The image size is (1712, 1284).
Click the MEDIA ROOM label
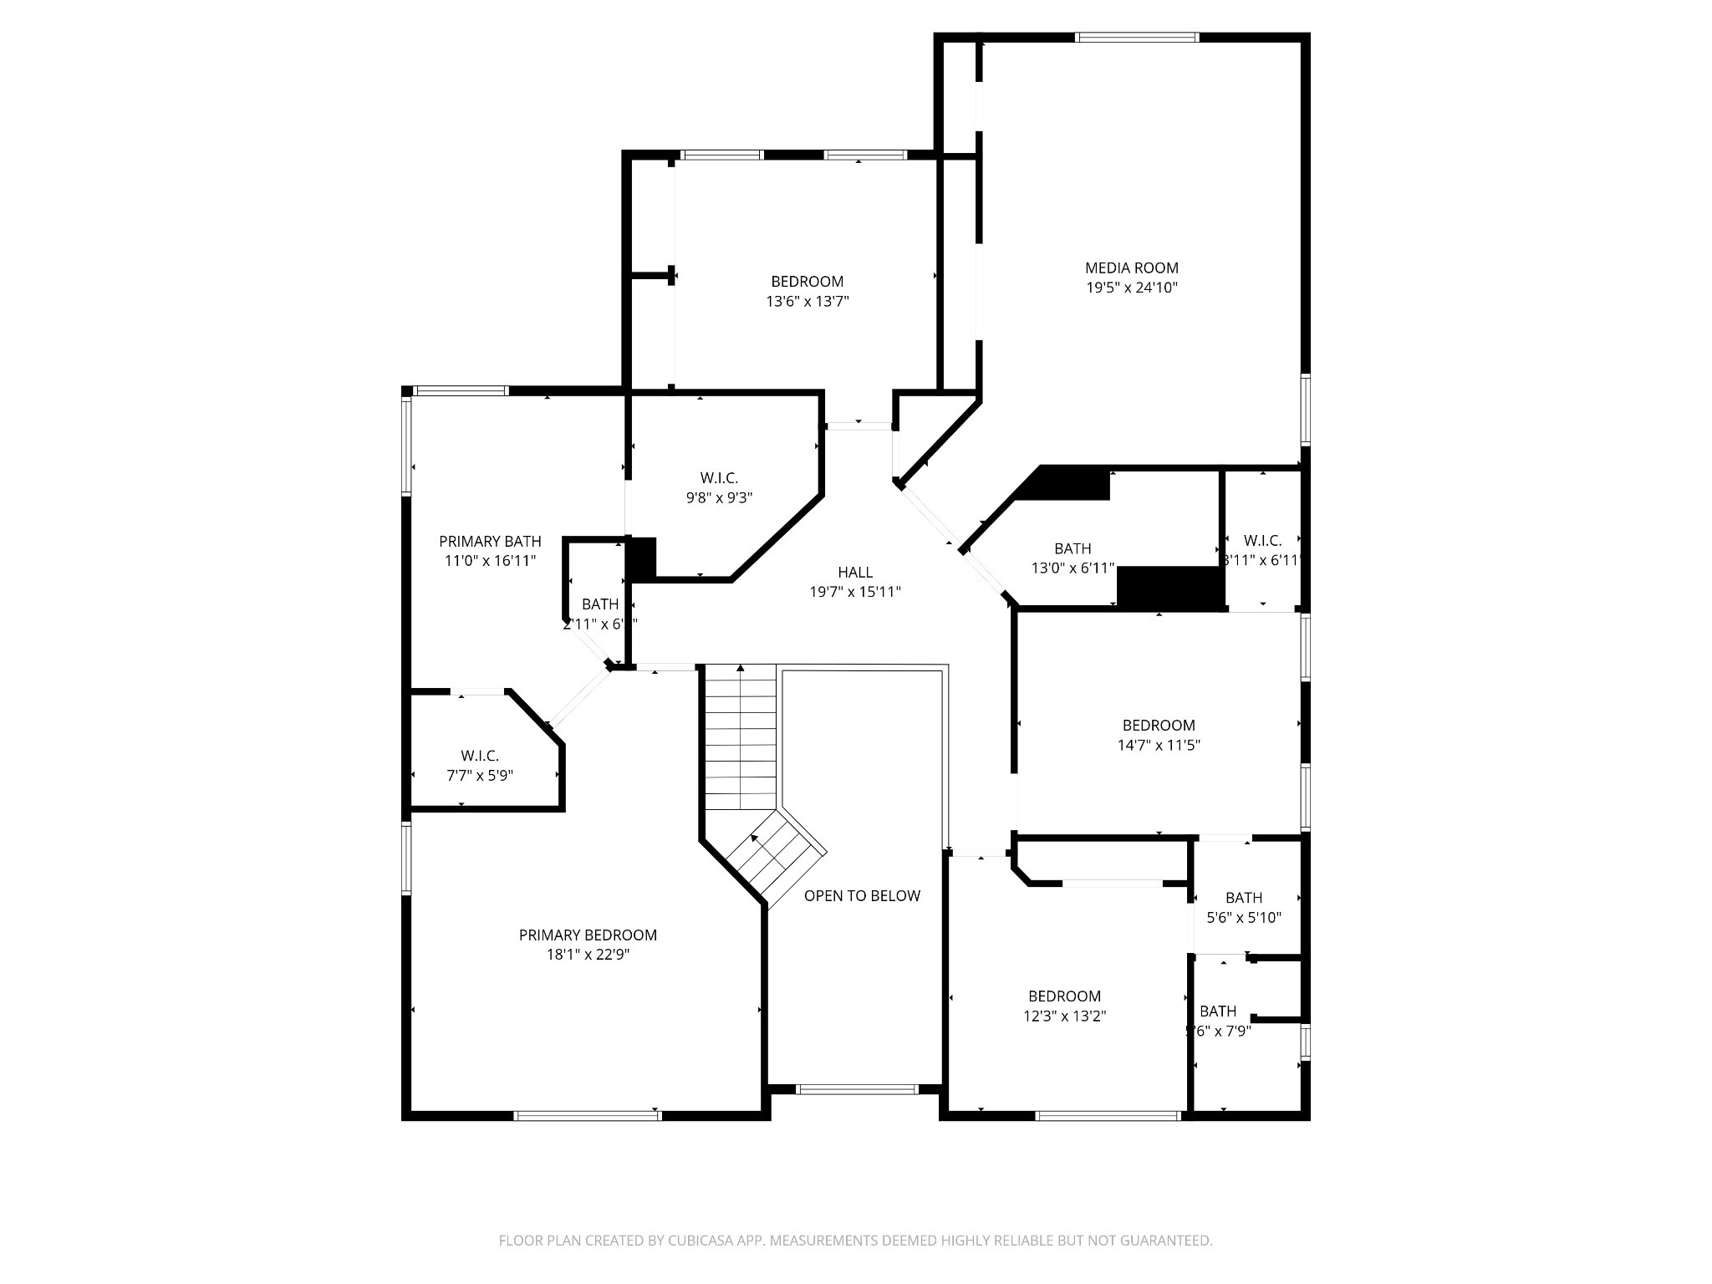[1131, 268]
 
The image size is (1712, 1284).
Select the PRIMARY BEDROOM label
[588, 935]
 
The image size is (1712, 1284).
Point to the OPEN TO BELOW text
[862, 896]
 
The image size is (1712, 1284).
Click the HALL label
[854, 573]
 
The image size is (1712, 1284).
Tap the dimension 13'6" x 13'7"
[807, 302]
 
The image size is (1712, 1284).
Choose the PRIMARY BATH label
[490, 542]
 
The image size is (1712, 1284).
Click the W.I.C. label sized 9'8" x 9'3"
[719, 478]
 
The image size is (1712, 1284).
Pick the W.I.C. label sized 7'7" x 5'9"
[479, 756]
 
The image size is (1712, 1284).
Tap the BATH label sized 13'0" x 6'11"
[1072, 549]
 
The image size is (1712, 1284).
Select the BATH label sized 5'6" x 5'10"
[1243, 898]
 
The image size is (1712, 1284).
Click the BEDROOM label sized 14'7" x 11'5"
[1158, 726]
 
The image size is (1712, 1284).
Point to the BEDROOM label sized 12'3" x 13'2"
[1064, 996]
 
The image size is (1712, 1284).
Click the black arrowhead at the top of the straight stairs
[740, 668]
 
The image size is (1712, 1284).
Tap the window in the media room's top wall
[1137, 37]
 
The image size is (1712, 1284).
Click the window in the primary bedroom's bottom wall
[587, 1115]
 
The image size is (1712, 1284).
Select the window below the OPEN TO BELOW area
[857, 1089]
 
